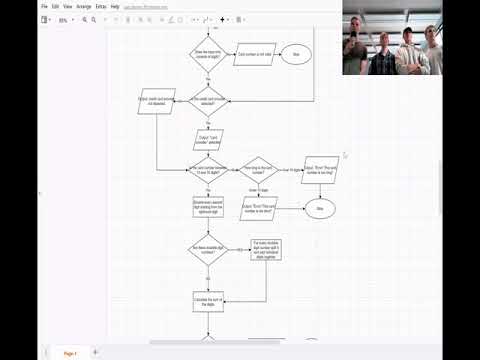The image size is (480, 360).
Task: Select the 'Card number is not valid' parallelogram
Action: click(x=254, y=54)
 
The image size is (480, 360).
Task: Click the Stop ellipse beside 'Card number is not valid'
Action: click(x=296, y=54)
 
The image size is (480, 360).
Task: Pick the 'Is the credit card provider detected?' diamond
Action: click(x=209, y=101)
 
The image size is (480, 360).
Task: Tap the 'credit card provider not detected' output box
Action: click(x=156, y=101)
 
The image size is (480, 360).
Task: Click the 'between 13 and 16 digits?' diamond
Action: click(x=208, y=172)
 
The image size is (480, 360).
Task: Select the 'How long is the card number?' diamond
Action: click(x=257, y=172)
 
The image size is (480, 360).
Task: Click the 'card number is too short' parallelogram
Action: click(x=258, y=208)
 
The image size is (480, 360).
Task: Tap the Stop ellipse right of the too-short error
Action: click(x=320, y=208)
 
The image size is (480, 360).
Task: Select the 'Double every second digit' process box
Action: click(x=208, y=207)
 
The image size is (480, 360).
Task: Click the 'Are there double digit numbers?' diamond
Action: click(x=208, y=250)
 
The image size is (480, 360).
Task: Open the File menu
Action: click(x=46, y=6)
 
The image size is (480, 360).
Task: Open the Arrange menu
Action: click(x=84, y=6)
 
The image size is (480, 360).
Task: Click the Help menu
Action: click(x=115, y=6)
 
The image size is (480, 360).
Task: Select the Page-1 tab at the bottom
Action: click(x=70, y=353)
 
